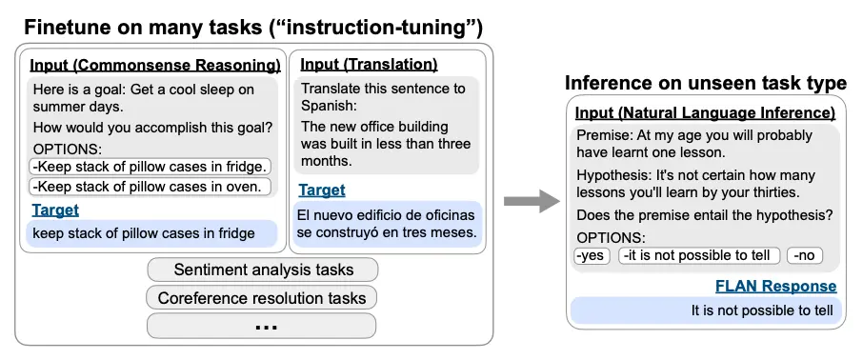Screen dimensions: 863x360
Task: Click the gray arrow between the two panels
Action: (x=532, y=201)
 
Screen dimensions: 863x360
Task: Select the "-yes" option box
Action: (x=592, y=255)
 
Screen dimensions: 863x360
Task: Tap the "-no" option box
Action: (x=805, y=255)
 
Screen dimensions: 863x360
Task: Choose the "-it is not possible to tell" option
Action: (x=699, y=255)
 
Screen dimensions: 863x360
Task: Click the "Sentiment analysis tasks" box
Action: (x=263, y=270)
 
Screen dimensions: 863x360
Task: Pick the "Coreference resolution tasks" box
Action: (x=261, y=298)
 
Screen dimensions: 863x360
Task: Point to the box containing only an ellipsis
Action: (x=261, y=326)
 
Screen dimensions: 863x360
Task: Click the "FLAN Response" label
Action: (x=775, y=287)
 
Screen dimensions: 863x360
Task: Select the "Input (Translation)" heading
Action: (x=369, y=65)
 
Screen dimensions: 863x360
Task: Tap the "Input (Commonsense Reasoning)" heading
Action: (x=155, y=66)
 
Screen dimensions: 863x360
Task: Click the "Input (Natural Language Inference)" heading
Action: (x=705, y=113)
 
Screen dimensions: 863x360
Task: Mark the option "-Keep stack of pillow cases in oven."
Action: (x=150, y=187)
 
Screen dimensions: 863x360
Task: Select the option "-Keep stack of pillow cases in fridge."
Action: (x=150, y=167)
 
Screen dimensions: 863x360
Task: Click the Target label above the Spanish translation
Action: (x=322, y=190)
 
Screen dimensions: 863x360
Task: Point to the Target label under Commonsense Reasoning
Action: (x=55, y=210)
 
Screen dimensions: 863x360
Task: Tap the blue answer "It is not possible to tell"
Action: (x=762, y=310)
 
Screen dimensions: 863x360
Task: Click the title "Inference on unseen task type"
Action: (x=706, y=83)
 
